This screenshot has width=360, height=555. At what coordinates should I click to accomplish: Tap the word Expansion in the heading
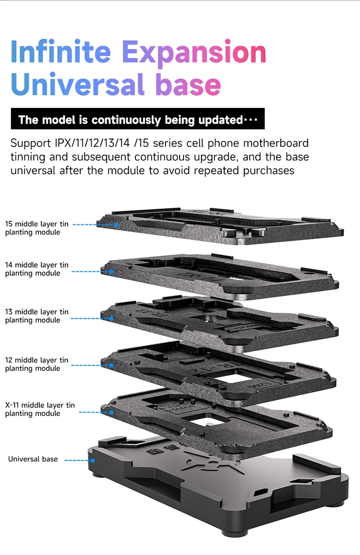coord(194,53)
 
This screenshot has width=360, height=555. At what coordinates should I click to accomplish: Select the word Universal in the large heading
coord(77,85)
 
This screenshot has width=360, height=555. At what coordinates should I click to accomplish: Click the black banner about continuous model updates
coord(138,119)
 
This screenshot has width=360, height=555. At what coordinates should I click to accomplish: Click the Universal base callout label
coord(33,459)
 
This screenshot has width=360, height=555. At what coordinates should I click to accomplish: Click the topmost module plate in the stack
coord(221,225)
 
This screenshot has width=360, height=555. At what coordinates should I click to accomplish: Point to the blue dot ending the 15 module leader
coord(116,224)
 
